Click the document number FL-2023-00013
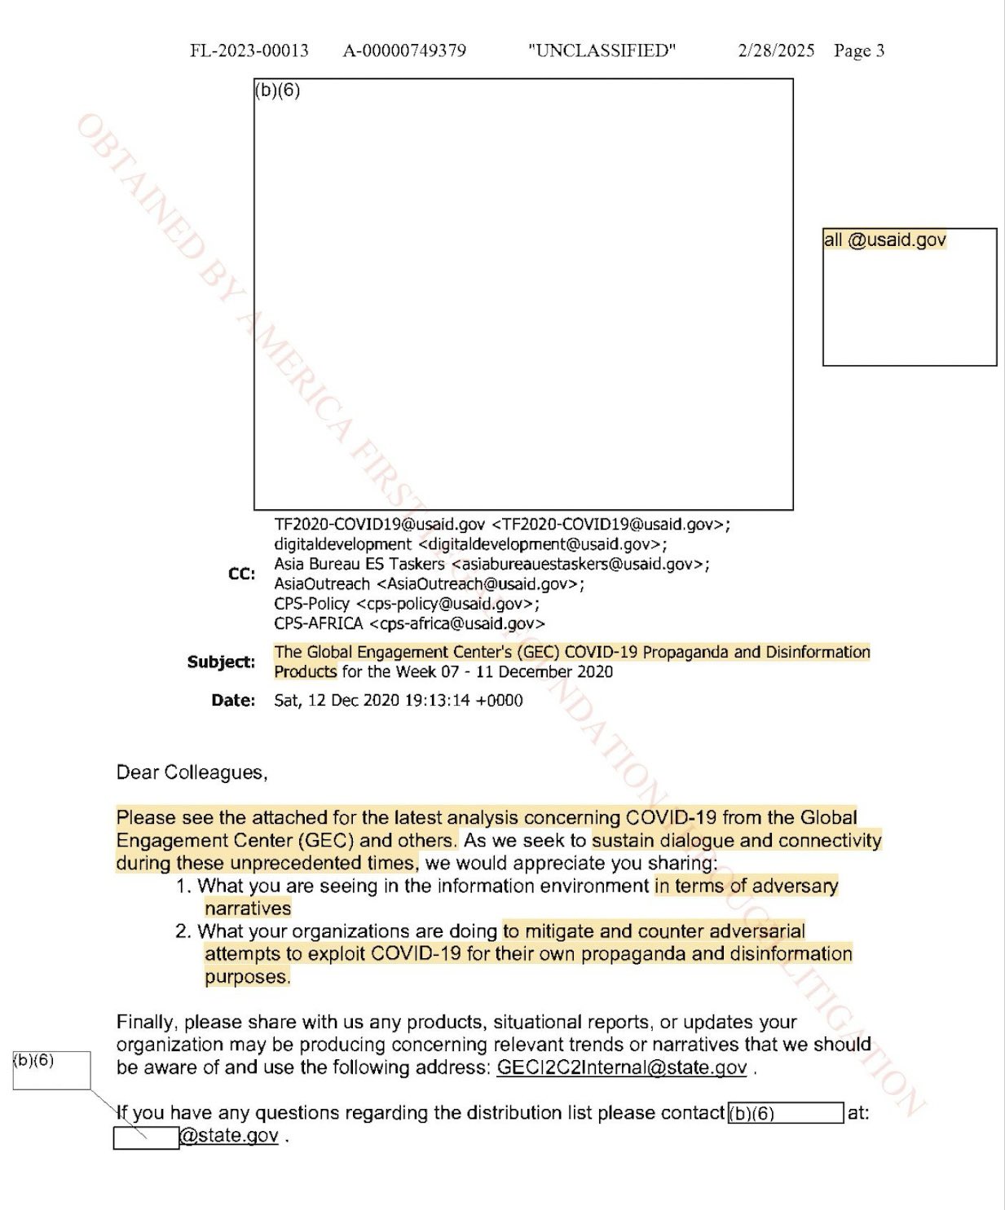point(249,51)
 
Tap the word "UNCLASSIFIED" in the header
point(602,51)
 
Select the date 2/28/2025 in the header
point(776,51)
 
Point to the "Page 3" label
point(859,51)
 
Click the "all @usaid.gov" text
point(884,240)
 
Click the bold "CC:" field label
point(241,574)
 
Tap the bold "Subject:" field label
point(221,662)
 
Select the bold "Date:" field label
point(233,700)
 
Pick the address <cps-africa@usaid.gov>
point(457,623)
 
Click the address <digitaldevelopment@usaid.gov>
point(542,543)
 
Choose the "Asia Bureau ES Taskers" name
point(359,564)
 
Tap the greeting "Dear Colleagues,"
point(192,772)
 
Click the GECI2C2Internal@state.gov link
point(622,1067)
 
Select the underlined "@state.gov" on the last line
point(229,1136)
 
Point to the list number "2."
point(183,931)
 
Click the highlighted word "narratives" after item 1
point(248,909)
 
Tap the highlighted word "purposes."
point(247,976)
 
